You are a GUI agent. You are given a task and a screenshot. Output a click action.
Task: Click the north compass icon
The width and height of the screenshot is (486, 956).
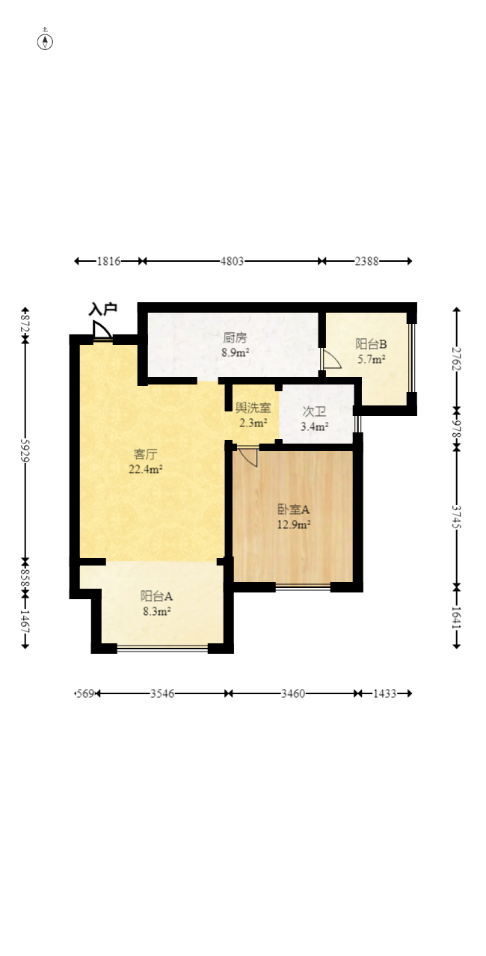[46, 40]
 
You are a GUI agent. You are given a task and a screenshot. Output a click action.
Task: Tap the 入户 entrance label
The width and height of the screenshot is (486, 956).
[102, 309]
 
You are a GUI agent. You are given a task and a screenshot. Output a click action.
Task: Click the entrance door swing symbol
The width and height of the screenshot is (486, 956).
[102, 331]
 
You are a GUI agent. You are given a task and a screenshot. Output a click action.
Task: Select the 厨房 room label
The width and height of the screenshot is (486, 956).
[235, 337]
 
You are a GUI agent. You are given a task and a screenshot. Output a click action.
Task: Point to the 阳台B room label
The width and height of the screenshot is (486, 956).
[371, 344]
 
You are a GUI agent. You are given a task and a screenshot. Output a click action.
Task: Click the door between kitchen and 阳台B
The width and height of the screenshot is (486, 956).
[330, 360]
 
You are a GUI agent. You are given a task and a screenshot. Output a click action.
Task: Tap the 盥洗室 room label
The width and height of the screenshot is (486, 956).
[253, 408]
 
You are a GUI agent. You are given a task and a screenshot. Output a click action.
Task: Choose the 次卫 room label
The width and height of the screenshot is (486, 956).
[313, 411]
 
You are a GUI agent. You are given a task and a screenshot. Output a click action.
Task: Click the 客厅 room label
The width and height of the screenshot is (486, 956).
[145, 454]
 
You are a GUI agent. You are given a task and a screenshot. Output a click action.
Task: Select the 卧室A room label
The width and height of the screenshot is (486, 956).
[294, 509]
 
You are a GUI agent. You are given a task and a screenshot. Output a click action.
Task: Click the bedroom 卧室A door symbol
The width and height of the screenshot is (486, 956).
[247, 457]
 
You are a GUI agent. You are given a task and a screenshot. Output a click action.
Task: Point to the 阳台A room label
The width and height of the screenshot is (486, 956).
[157, 596]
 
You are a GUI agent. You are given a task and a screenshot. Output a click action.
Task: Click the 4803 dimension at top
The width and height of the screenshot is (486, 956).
[232, 261]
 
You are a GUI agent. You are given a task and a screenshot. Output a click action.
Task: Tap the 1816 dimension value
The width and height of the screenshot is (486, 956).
[108, 261]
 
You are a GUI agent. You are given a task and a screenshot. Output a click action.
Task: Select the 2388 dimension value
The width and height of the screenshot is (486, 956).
[366, 261]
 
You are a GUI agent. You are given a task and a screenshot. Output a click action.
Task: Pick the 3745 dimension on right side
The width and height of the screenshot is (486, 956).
[457, 515]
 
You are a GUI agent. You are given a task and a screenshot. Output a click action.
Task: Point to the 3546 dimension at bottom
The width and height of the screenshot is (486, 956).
[162, 693]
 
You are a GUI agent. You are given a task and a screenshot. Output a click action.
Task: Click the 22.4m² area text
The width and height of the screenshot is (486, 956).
[146, 470]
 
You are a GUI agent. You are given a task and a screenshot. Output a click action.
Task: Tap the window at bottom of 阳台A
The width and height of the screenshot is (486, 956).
[162, 648]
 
